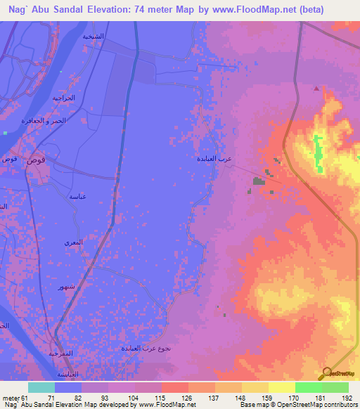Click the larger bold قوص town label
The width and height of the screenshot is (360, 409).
point(37,160)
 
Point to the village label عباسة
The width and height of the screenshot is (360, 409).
point(77,197)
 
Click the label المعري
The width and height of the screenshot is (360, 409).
point(74,242)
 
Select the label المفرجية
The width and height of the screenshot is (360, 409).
point(63,353)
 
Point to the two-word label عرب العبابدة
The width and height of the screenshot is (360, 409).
point(215,159)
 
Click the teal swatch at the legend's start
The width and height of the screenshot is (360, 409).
point(41,387)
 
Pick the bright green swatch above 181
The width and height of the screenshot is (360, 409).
point(309,387)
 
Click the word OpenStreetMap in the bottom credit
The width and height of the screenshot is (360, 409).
point(293,405)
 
